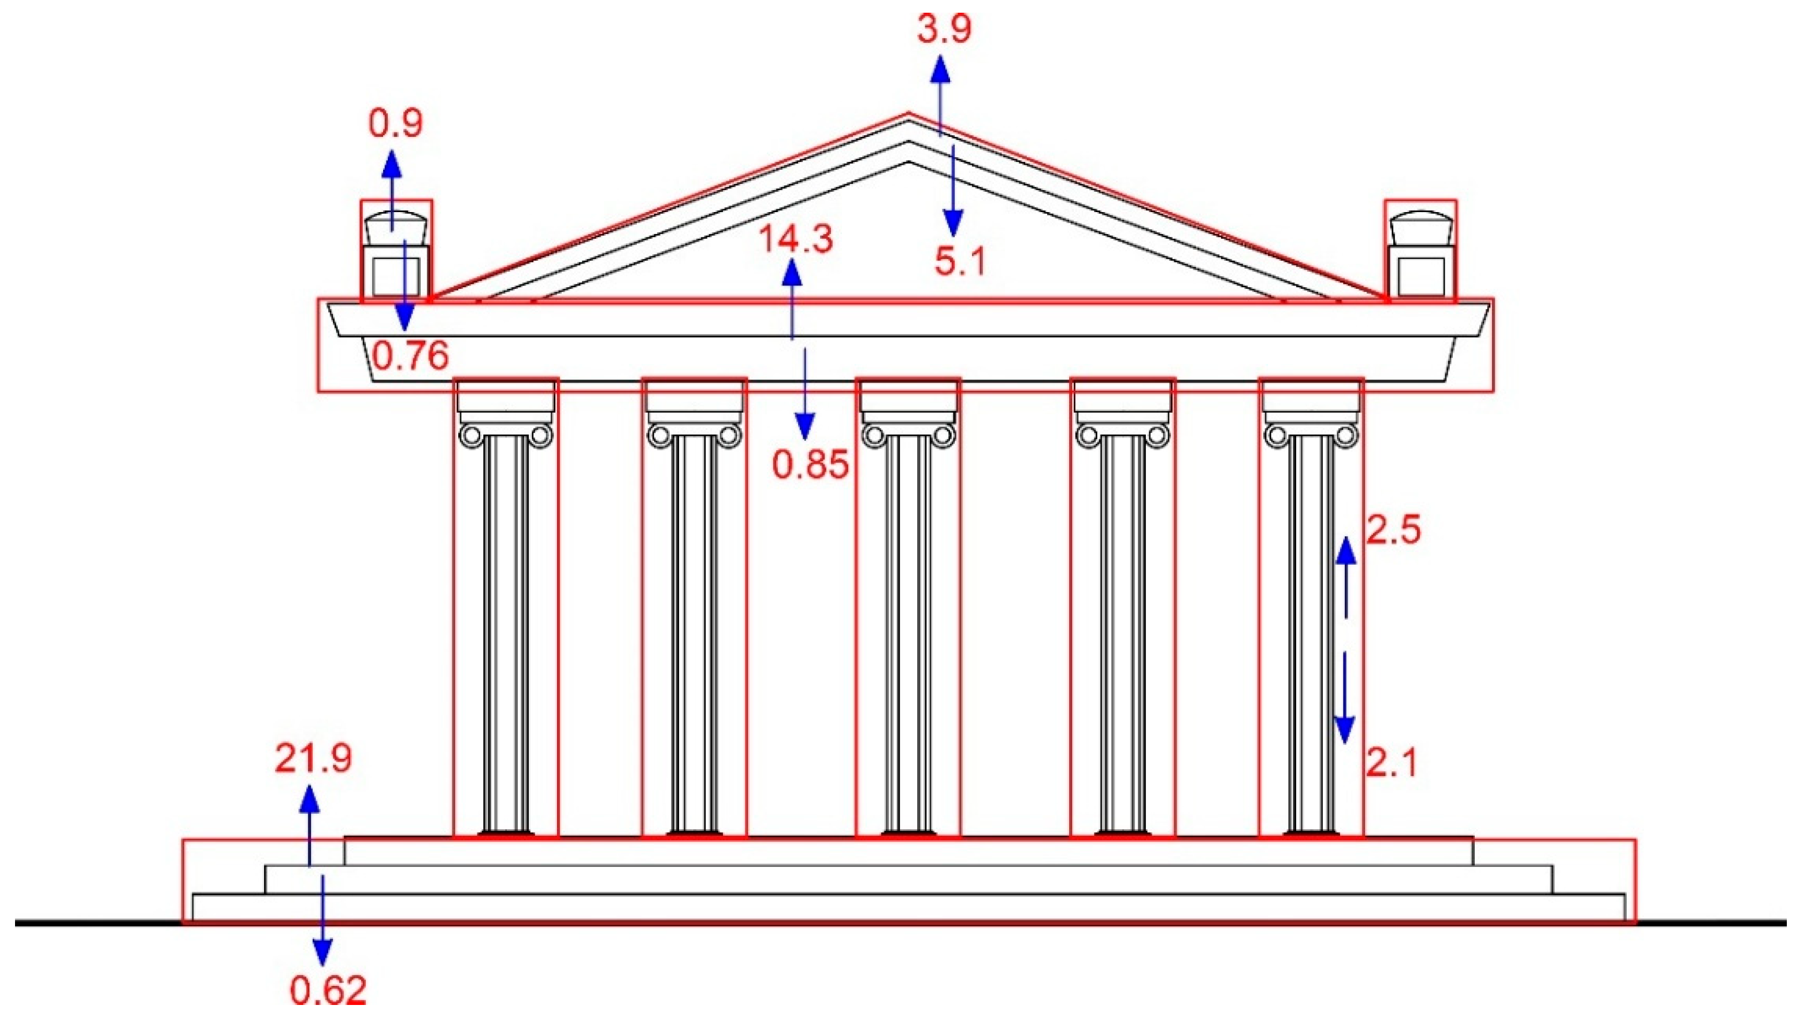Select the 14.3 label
point(796,239)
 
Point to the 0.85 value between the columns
point(810,463)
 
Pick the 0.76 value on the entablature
point(410,357)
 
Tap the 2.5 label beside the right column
point(1393,529)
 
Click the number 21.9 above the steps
point(313,758)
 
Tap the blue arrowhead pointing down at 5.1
point(952,224)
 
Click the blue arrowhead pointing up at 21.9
point(310,799)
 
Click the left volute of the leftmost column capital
point(470,436)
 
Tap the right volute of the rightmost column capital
point(1345,436)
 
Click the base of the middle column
point(908,833)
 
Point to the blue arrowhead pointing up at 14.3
point(792,271)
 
